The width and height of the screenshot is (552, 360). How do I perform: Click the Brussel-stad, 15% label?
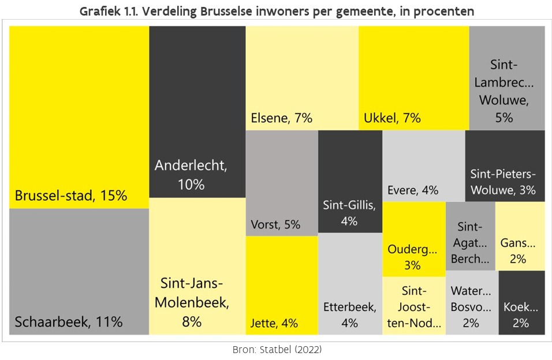tap(70, 196)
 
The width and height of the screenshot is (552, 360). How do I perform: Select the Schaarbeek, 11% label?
tap(69, 322)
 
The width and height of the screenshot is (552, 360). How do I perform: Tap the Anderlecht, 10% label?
tap(191, 175)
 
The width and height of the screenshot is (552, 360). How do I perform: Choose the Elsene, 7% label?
tap(282, 118)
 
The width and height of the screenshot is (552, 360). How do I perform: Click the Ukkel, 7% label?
tap(392, 118)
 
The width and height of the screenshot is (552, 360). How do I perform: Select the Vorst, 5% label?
tap(275, 224)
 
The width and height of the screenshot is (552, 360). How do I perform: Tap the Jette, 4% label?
tap(274, 323)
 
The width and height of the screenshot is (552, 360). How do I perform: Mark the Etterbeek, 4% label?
tap(349, 314)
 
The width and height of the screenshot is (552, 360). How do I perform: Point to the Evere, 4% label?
tap(413, 190)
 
